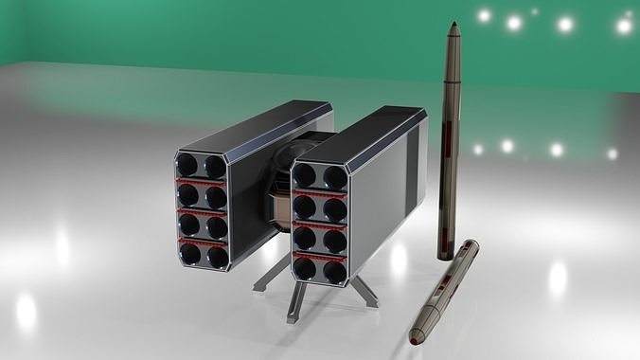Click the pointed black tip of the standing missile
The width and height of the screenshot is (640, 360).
[455, 26]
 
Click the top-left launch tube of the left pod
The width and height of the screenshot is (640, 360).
[190, 165]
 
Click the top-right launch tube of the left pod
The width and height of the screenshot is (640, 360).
[216, 168]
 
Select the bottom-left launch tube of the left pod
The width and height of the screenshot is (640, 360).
[191, 254]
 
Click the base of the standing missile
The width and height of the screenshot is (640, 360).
[448, 254]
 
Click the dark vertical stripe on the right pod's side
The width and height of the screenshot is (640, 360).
[411, 171]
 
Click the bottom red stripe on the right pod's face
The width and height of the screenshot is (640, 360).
[320, 254]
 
